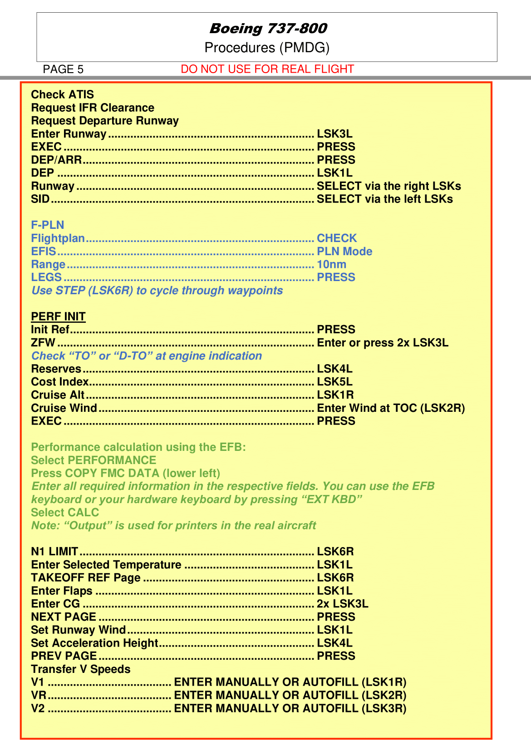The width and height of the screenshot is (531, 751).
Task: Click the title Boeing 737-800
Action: point(268,29)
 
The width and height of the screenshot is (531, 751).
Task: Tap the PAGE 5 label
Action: point(63,69)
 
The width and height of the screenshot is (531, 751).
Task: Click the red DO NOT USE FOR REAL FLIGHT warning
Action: point(267,69)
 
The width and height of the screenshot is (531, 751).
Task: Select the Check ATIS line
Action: point(62,94)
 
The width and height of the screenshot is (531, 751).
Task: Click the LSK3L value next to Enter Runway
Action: point(334,134)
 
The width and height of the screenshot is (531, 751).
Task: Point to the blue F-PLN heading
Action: point(47,225)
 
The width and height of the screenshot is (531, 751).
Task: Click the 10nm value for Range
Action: point(331,264)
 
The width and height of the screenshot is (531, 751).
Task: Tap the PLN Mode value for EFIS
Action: point(344,252)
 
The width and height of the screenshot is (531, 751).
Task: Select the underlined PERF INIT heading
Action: point(58,316)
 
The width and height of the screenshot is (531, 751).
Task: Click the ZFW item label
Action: point(43,343)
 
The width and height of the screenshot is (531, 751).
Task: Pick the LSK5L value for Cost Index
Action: point(334,382)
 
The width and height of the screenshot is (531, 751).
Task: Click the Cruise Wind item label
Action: point(64,408)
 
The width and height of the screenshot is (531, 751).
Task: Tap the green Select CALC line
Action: point(65,513)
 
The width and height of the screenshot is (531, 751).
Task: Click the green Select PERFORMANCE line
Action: point(93,460)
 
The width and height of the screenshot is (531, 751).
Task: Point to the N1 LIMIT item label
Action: point(54,552)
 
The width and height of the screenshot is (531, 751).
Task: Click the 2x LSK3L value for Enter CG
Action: point(342,604)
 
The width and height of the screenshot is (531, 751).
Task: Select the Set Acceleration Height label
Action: point(94,643)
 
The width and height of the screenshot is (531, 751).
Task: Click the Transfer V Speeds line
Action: point(80,669)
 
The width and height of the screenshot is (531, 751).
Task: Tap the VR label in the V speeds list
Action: point(39,695)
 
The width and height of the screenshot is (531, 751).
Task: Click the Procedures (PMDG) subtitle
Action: point(267,48)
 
